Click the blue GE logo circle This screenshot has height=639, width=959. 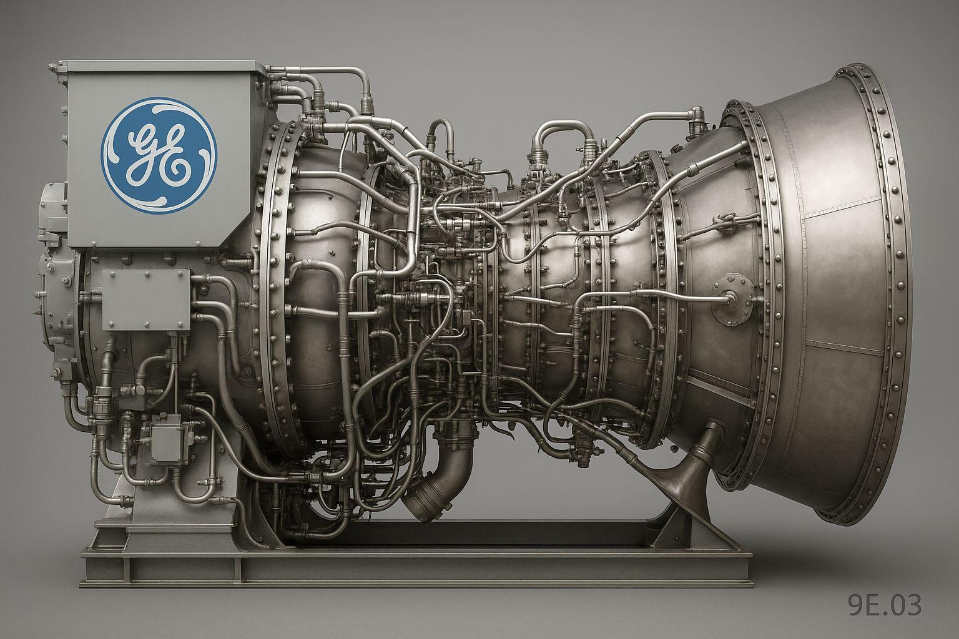pos(159,155)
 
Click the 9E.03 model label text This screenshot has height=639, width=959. pos(885,605)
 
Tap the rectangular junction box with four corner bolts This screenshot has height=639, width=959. pos(146,300)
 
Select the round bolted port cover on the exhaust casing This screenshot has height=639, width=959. pos(732,298)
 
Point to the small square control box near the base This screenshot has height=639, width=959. pos(167,438)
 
